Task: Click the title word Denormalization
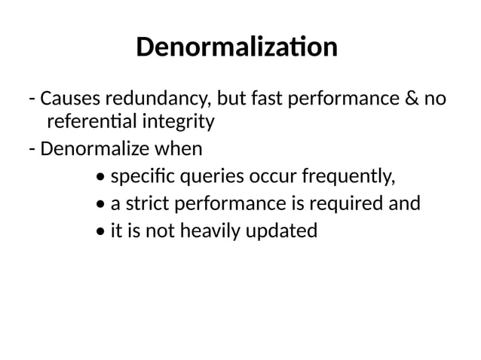(237, 48)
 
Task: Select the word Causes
(69, 99)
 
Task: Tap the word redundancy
(159, 99)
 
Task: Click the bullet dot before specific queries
(102, 178)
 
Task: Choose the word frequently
(348, 178)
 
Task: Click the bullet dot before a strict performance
(102, 205)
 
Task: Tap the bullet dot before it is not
(102, 231)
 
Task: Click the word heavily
(206, 230)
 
